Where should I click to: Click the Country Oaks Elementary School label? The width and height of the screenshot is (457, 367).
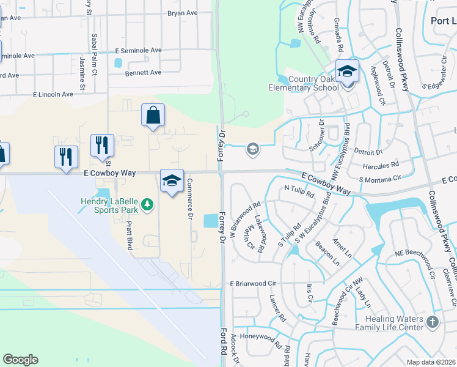pyautogui.click(x=304, y=83)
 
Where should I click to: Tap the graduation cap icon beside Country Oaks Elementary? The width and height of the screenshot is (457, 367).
pyautogui.click(x=347, y=72)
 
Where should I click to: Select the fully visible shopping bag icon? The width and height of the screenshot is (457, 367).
pyautogui.click(x=152, y=115)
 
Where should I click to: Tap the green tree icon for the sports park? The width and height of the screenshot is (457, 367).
pyautogui.click(x=147, y=205)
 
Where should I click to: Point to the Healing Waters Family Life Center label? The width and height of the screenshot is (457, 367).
pyautogui.click(x=394, y=323)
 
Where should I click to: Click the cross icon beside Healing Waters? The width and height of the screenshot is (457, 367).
pyautogui.click(x=433, y=322)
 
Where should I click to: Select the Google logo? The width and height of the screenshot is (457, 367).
pyautogui.click(x=20, y=360)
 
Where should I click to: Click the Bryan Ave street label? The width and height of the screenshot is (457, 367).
pyautogui.click(x=182, y=12)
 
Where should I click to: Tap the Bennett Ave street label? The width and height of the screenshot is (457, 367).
pyautogui.click(x=143, y=72)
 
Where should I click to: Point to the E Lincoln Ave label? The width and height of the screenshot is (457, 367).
pyautogui.click(x=53, y=94)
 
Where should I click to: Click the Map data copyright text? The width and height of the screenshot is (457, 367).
pyautogui.click(x=431, y=361)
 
